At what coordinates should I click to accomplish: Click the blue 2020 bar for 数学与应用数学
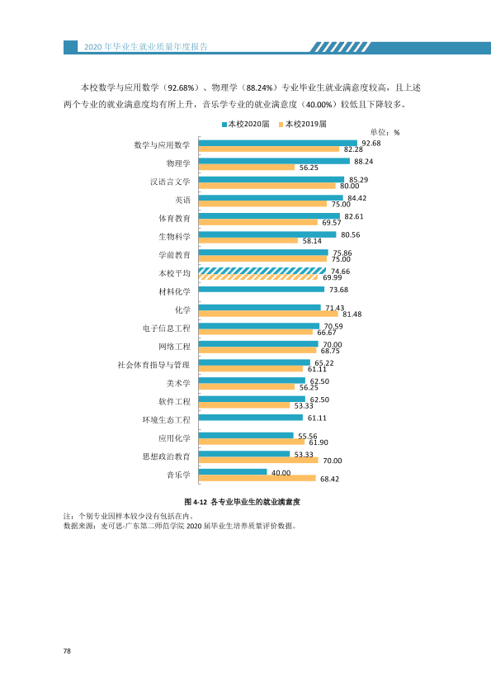click(278, 143)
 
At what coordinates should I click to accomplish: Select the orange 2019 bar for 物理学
click(247, 168)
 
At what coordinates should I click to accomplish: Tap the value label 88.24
click(363, 162)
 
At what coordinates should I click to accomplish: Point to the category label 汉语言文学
click(170, 182)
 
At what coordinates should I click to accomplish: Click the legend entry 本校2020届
click(246, 124)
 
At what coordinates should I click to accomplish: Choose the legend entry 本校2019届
click(303, 124)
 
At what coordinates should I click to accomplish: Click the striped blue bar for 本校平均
click(262, 271)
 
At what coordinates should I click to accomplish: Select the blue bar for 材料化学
click(262, 290)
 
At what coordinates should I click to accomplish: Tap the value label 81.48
click(352, 314)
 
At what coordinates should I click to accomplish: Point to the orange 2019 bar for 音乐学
click(257, 478)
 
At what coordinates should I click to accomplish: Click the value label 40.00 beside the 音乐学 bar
click(281, 473)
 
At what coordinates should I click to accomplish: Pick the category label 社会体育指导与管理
click(153, 365)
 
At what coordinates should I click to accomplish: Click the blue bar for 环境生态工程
click(251, 418)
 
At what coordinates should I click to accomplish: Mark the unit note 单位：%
click(385, 133)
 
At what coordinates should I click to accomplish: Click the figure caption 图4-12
click(196, 502)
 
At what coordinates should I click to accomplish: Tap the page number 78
click(67, 650)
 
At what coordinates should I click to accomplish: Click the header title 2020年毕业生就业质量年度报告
click(146, 47)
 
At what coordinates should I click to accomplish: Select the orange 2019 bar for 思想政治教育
click(258, 460)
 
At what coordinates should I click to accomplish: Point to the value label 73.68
click(338, 290)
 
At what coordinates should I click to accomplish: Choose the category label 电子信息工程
click(166, 329)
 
